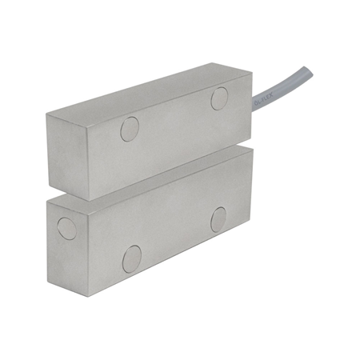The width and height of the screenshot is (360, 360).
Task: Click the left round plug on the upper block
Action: click(130, 129)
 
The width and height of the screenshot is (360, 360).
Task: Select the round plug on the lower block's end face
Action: click(67, 229)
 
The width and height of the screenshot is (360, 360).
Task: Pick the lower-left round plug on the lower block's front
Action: click(132, 258)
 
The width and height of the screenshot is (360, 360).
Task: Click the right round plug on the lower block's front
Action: click(218, 219)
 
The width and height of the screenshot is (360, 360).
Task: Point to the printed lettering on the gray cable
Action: click(265, 100)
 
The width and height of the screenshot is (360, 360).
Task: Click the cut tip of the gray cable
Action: click(309, 73)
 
